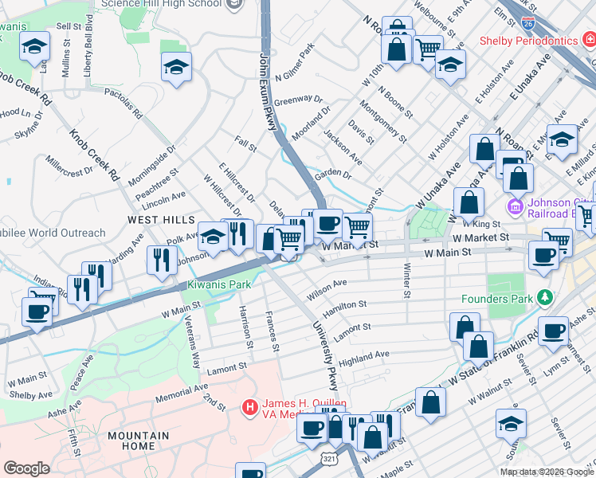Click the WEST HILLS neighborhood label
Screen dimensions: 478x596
(x=160, y=219)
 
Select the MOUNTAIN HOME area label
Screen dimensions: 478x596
(x=139, y=441)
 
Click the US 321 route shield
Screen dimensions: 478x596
(x=329, y=460)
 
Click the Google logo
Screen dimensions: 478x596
(x=26, y=468)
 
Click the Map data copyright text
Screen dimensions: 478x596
(x=547, y=472)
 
